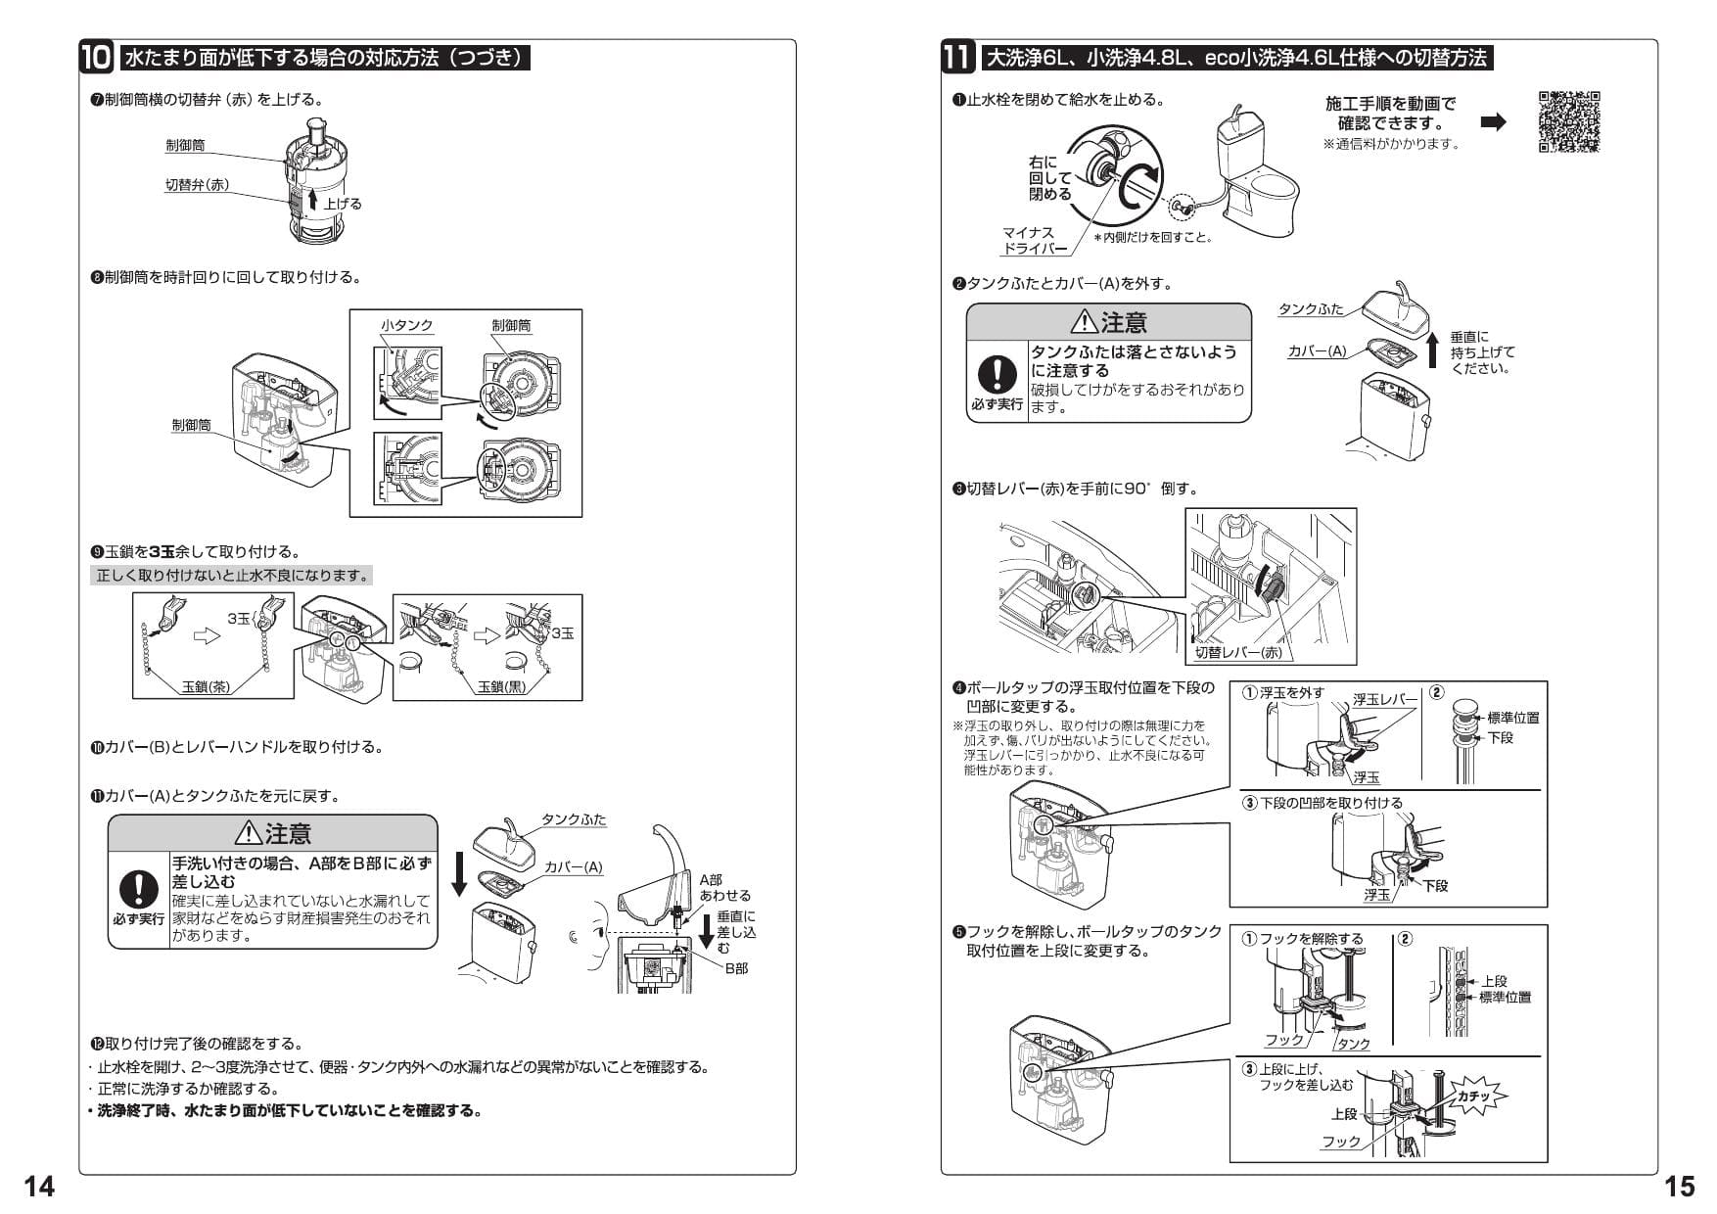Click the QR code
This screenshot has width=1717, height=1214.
click(x=1568, y=122)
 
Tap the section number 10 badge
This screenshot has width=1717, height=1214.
click(x=97, y=57)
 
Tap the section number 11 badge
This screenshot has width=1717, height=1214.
click(x=957, y=57)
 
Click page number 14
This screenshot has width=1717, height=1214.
click(x=39, y=1187)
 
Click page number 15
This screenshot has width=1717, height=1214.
click(x=1679, y=1187)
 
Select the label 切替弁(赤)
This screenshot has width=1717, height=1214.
click(x=197, y=184)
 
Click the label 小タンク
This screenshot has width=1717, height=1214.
click(x=407, y=325)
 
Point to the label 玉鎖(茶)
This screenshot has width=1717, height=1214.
click(x=207, y=686)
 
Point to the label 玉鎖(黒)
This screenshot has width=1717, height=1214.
click(x=501, y=686)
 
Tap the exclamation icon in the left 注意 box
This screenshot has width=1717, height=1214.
click(x=139, y=888)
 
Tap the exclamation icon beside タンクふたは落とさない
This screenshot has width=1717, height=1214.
click(x=997, y=374)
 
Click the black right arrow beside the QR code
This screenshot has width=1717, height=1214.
click(x=1494, y=122)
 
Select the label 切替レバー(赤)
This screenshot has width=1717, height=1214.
click(x=1237, y=652)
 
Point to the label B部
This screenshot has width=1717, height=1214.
click(x=735, y=967)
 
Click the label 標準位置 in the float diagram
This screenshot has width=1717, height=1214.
click(x=1512, y=718)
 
